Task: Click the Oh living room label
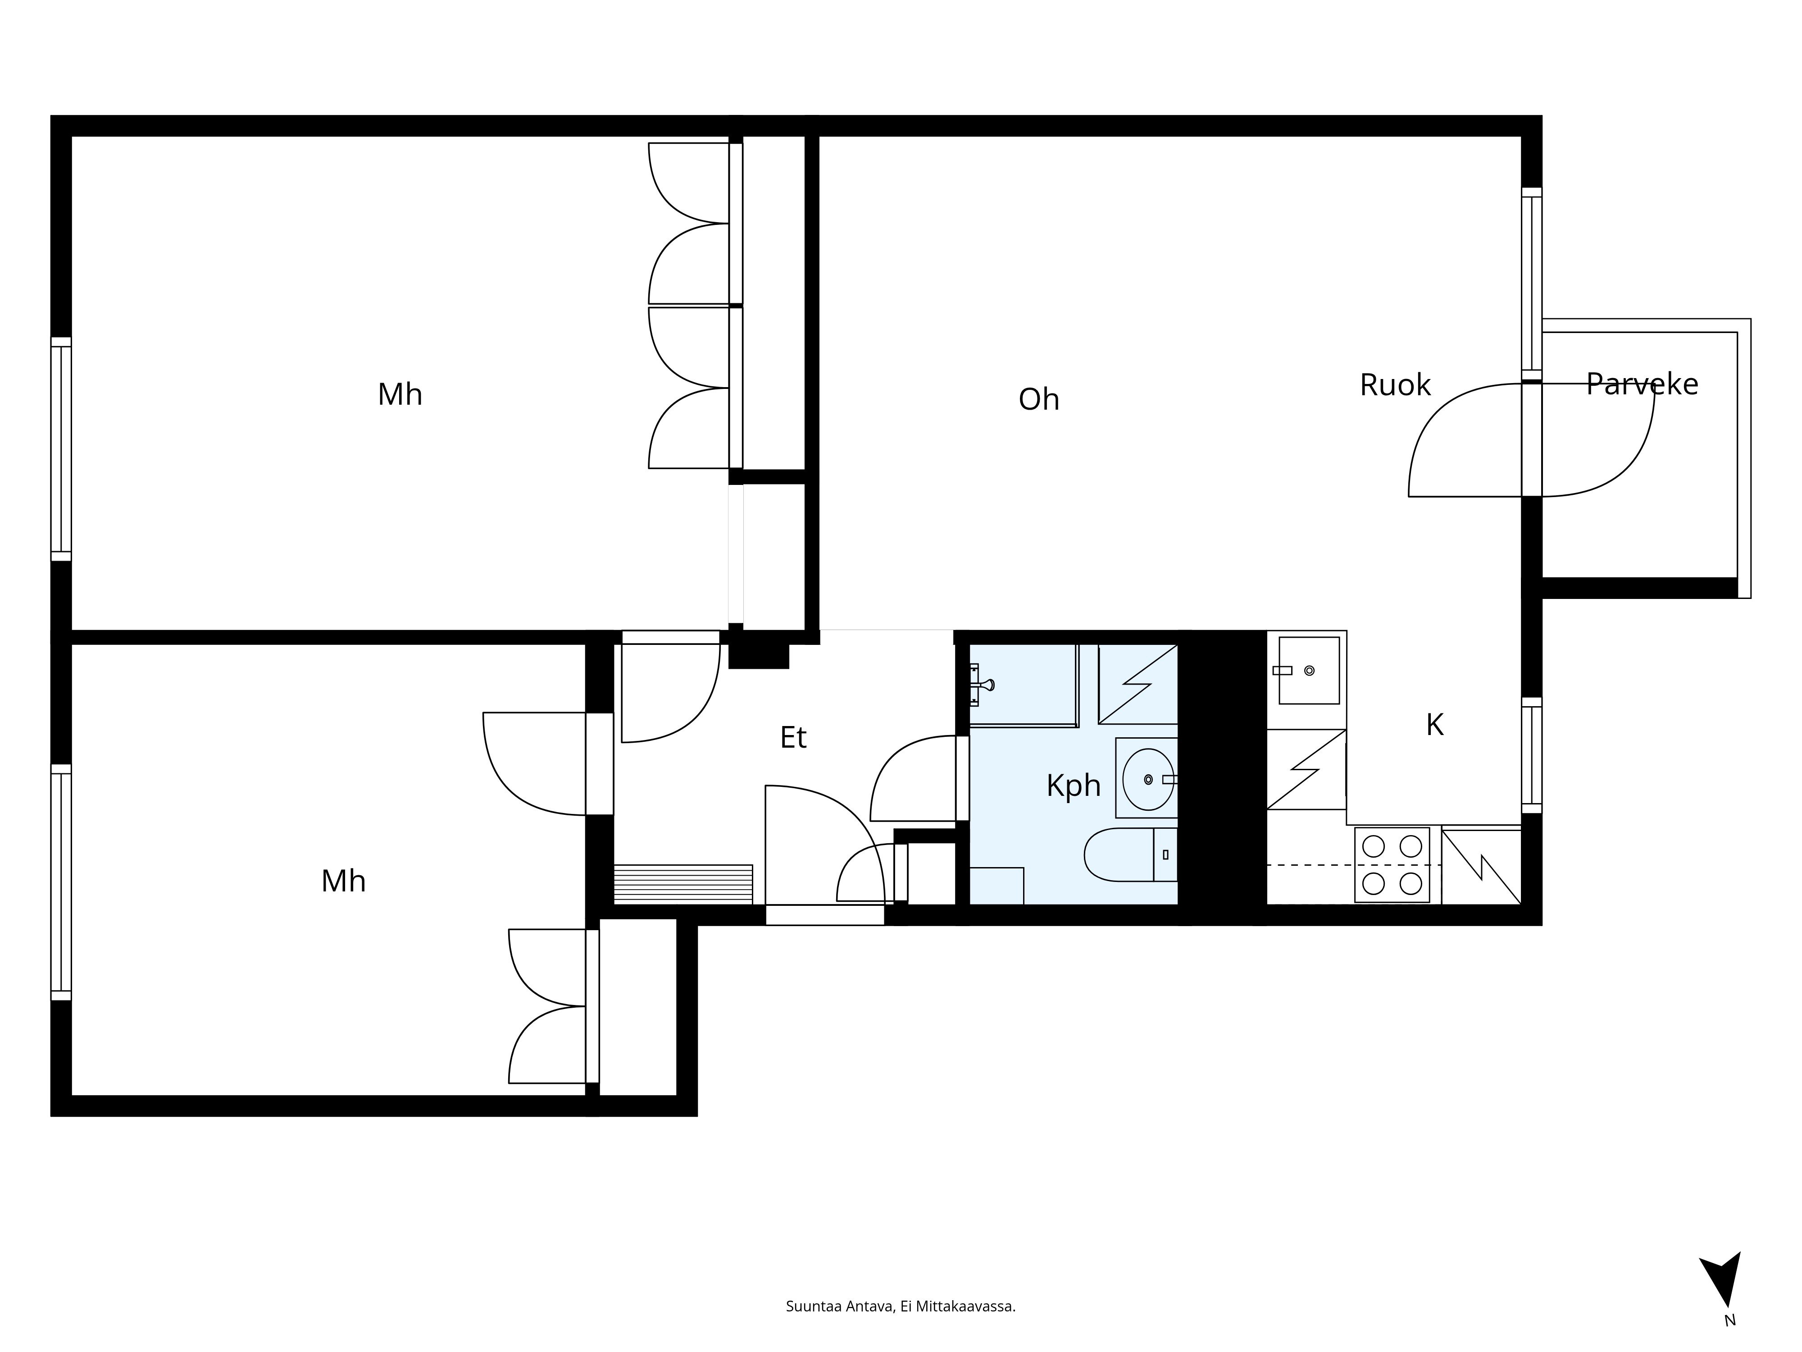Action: point(1039,399)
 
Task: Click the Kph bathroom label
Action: point(1073,786)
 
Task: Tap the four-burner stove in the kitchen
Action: point(1392,865)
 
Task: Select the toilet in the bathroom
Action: point(1131,855)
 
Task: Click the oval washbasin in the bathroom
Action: point(1148,779)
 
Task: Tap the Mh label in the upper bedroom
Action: point(400,394)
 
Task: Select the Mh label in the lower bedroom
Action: point(343,881)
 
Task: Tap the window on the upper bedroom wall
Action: point(61,449)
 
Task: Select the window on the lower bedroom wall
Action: point(61,882)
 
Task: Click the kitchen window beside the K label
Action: point(1532,755)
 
